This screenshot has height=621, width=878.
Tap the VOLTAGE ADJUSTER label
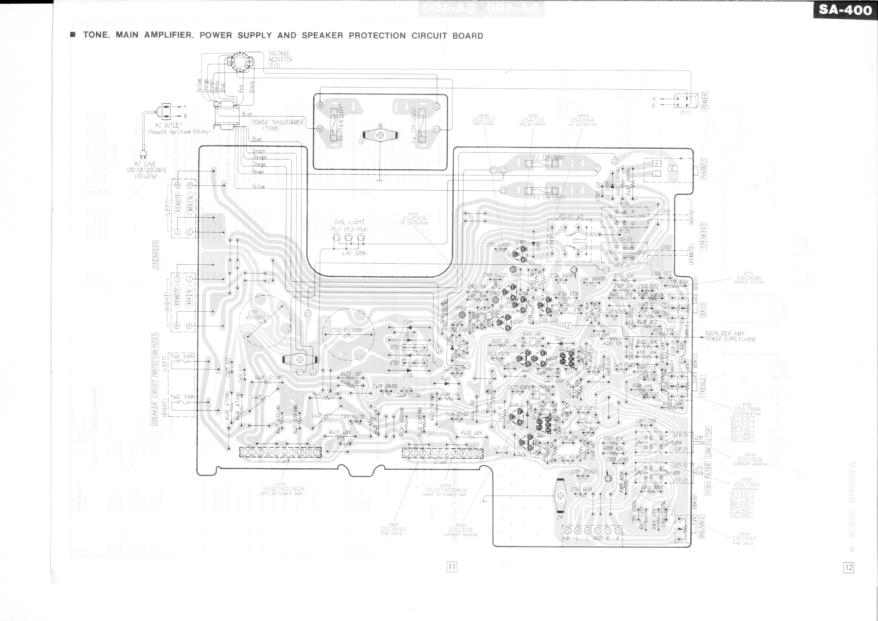pyautogui.click(x=280, y=59)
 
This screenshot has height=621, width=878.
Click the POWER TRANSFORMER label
pyautogui.click(x=277, y=123)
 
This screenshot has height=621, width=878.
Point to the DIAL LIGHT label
pyautogui.click(x=349, y=222)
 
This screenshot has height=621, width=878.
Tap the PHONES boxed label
pyautogui.click(x=704, y=169)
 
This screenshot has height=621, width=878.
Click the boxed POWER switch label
pyautogui.click(x=704, y=101)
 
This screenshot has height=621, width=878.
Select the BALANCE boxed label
pyautogui.click(x=702, y=527)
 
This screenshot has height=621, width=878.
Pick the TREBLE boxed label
pyautogui.click(x=702, y=386)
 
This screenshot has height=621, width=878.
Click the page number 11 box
pyautogui.click(x=452, y=566)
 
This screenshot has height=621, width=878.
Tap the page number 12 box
pyautogui.click(x=848, y=568)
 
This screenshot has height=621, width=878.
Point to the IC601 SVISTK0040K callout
pyautogui.click(x=283, y=489)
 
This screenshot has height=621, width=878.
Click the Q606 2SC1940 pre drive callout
pyautogui.click(x=744, y=538)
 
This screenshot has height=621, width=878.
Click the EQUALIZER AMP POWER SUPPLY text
pyautogui.click(x=730, y=336)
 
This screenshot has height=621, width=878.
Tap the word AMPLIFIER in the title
pyautogui.click(x=168, y=35)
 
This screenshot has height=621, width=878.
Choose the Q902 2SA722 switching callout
pyautogui.click(x=483, y=119)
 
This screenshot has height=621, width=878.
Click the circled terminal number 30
pyautogui.click(x=320, y=106)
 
